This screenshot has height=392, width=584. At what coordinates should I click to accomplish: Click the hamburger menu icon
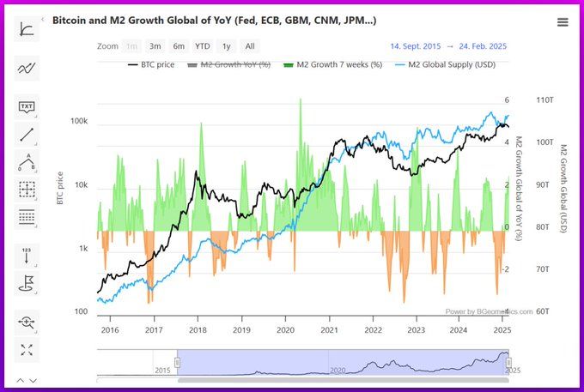tap(562, 22)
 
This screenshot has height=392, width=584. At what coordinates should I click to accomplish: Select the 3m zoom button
tap(155, 46)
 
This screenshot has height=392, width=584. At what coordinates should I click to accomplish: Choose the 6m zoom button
tap(178, 46)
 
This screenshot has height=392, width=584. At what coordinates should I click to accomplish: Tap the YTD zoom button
tap(202, 46)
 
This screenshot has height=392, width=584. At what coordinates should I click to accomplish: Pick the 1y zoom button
tap(226, 46)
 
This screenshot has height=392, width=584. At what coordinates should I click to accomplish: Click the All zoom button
tap(249, 46)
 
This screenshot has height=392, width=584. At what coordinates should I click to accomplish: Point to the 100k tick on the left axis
tap(78, 122)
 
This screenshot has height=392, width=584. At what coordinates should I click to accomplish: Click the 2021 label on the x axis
tap(329, 329)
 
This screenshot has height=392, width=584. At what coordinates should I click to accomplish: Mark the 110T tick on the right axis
tap(544, 100)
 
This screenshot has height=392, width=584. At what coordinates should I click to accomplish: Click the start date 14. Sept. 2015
tap(416, 46)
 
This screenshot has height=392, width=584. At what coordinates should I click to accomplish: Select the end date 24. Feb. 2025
tap(484, 46)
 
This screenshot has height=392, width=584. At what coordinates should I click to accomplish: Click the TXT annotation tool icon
tap(27, 107)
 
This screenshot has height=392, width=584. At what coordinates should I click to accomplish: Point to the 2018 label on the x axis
tap(198, 329)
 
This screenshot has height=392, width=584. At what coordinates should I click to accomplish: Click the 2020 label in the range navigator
tap(338, 370)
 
